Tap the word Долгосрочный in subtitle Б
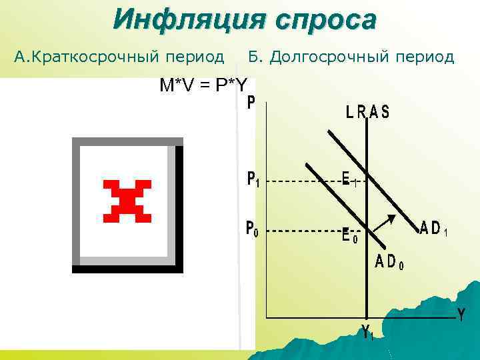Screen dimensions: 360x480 pyautogui.click(x=333, y=57)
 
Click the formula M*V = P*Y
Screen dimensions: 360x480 pyautogui.click(x=203, y=85)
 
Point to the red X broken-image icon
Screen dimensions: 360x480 pyautogui.click(x=127, y=201)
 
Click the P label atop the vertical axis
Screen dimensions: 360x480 pyautogui.click(x=251, y=103)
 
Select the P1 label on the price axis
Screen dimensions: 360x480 pyautogui.click(x=253, y=180)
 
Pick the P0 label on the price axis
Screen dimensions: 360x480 pyautogui.click(x=253, y=231)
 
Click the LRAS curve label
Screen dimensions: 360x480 pyautogui.click(x=367, y=113)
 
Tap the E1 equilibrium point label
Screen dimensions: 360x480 pyautogui.click(x=349, y=178)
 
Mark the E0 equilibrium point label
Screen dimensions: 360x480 pyautogui.click(x=349, y=235)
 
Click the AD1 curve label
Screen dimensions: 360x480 pyautogui.click(x=433, y=228)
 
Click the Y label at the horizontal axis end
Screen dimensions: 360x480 pyautogui.click(x=461, y=315)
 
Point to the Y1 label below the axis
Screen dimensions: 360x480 pyautogui.click(x=367, y=331)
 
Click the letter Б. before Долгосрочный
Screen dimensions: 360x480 pyautogui.click(x=255, y=57)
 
